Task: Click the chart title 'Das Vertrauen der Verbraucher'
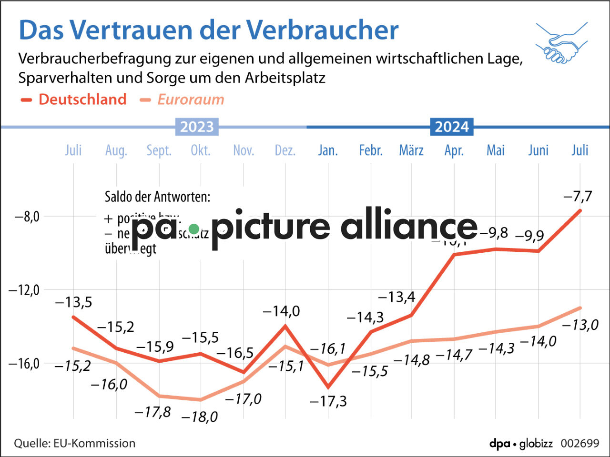tap(208, 30)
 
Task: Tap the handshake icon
tap(561, 43)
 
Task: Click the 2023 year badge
tap(197, 127)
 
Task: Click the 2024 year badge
tap(452, 127)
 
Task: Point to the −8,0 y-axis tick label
tap(27, 217)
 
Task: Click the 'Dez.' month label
tap(285, 150)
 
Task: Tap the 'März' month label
tap(411, 150)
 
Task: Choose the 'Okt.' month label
tap(201, 150)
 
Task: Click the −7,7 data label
tap(578, 196)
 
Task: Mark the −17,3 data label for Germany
tap(328, 401)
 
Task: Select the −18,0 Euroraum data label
tap(200, 417)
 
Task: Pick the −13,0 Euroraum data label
tap(580, 325)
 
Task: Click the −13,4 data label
tap(396, 297)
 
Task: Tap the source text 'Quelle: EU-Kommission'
tap(74, 443)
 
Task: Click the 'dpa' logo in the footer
tap(499, 444)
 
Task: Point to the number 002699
tap(579, 443)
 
